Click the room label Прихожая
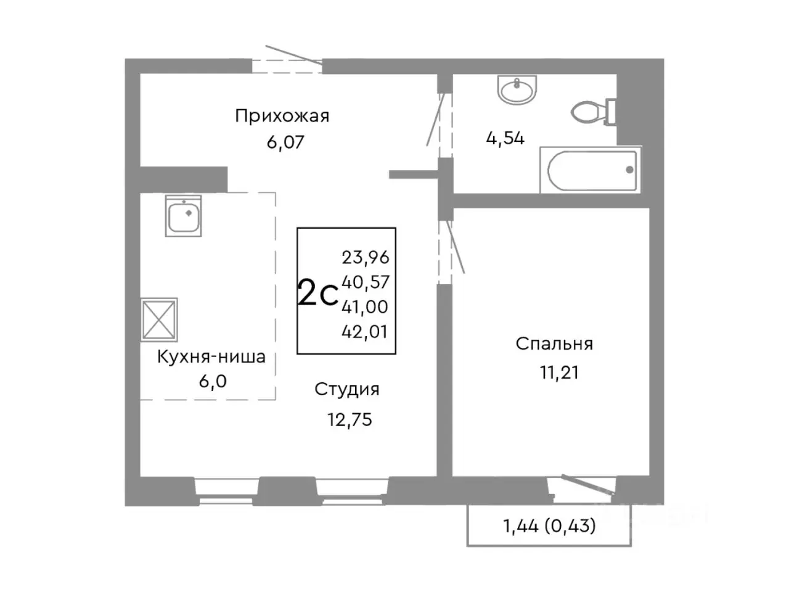(282, 116)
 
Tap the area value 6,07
(285, 142)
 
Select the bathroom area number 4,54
(505, 138)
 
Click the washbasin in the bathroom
(518, 91)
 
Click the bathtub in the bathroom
(591, 170)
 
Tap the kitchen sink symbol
(183, 216)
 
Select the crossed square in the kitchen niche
(159, 319)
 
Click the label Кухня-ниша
(211, 357)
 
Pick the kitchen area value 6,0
(211, 382)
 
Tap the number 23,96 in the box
(365, 257)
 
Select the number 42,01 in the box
(365, 332)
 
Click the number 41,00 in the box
(365, 307)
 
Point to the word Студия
(346, 390)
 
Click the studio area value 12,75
(350, 420)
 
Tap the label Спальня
(554, 344)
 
